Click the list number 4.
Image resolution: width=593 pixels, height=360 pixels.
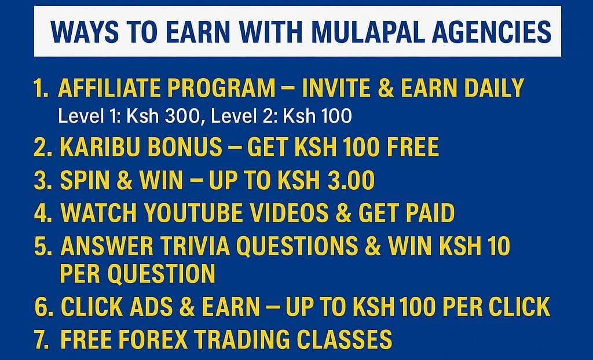[42, 214]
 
